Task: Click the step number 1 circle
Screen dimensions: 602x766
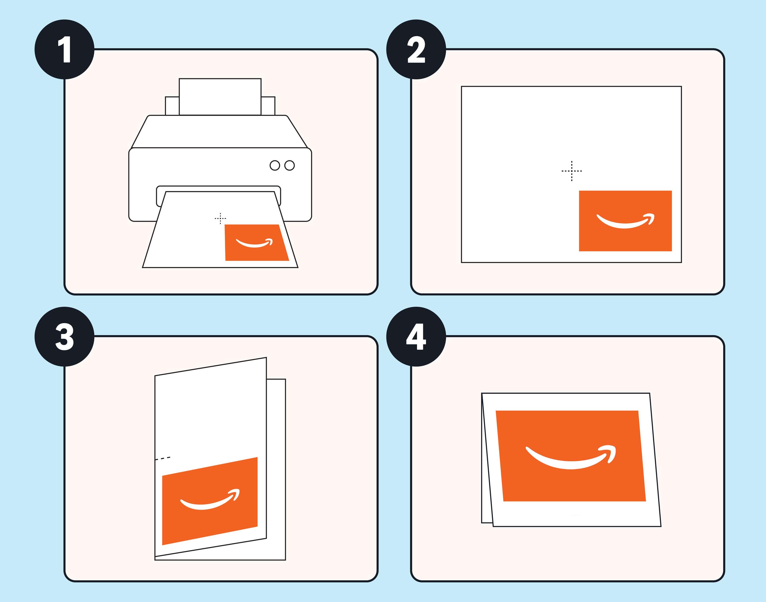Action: (64, 49)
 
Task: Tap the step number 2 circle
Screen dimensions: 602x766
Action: (416, 49)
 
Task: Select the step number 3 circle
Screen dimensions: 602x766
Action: (64, 337)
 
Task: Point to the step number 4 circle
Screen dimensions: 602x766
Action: (416, 337)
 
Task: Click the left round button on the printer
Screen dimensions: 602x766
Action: (275, 165)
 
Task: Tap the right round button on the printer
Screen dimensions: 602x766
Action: (289, 165)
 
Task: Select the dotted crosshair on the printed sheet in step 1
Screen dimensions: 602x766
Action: (220, 219)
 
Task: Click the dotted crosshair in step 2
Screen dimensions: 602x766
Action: (571, 171)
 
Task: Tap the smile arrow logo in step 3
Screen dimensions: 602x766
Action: (210, 500)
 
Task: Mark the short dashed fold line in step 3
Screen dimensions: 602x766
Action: (163, 459)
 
